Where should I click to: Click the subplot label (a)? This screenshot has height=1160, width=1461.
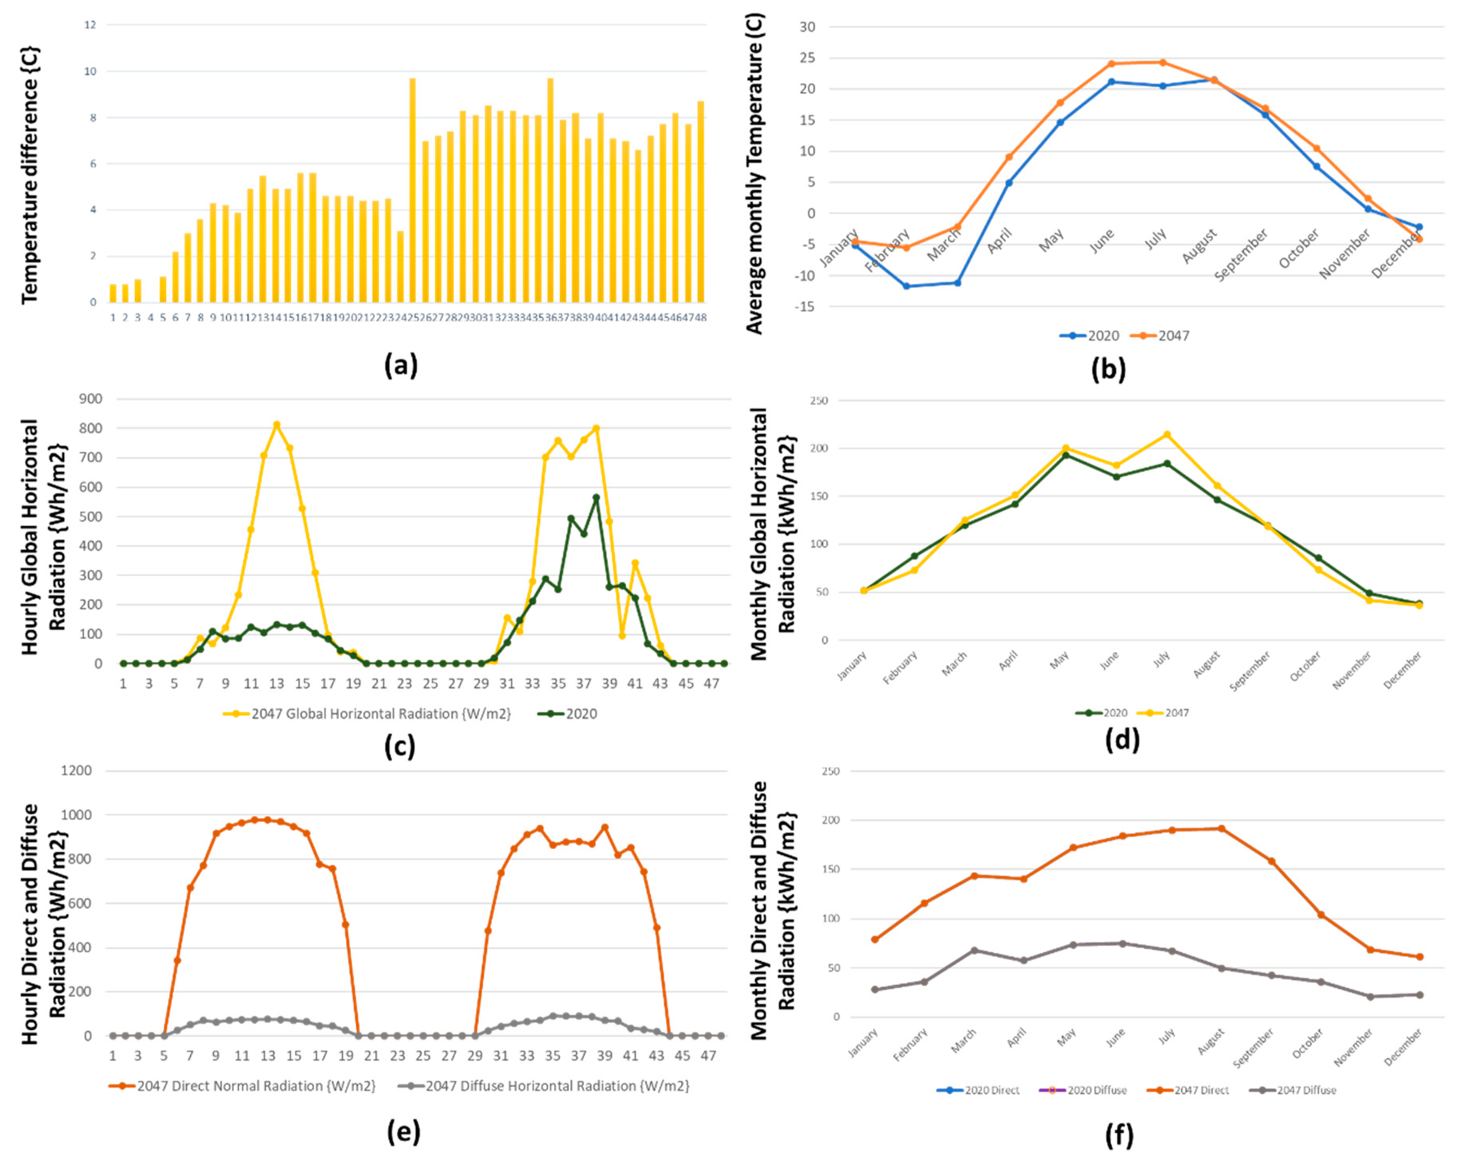click(x=400, y=366)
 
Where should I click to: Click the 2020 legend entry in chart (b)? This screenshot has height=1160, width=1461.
click(x=1090, y=335)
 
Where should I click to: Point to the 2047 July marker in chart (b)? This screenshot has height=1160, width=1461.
click(x=1163, y=62)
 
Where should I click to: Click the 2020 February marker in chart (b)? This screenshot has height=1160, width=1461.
click(x=906, y=286)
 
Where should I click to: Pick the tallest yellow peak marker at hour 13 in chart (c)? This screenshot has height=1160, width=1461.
click(x=277, y=425)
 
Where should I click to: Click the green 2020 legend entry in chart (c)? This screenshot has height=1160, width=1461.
click(x=568, y=714)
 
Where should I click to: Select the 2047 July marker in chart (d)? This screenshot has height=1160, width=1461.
click(x=1167, y=434)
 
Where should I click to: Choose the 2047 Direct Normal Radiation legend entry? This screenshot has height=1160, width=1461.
click(x=242, y=1086)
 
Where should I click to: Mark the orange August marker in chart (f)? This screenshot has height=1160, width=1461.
click(x=1221, y=828)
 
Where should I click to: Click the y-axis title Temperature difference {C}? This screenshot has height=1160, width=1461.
click(x=30, y=175)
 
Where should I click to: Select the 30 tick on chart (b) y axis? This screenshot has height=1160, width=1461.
click(x=807, y=27)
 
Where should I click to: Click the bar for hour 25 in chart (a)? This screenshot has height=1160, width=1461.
click(x=412, y=190)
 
